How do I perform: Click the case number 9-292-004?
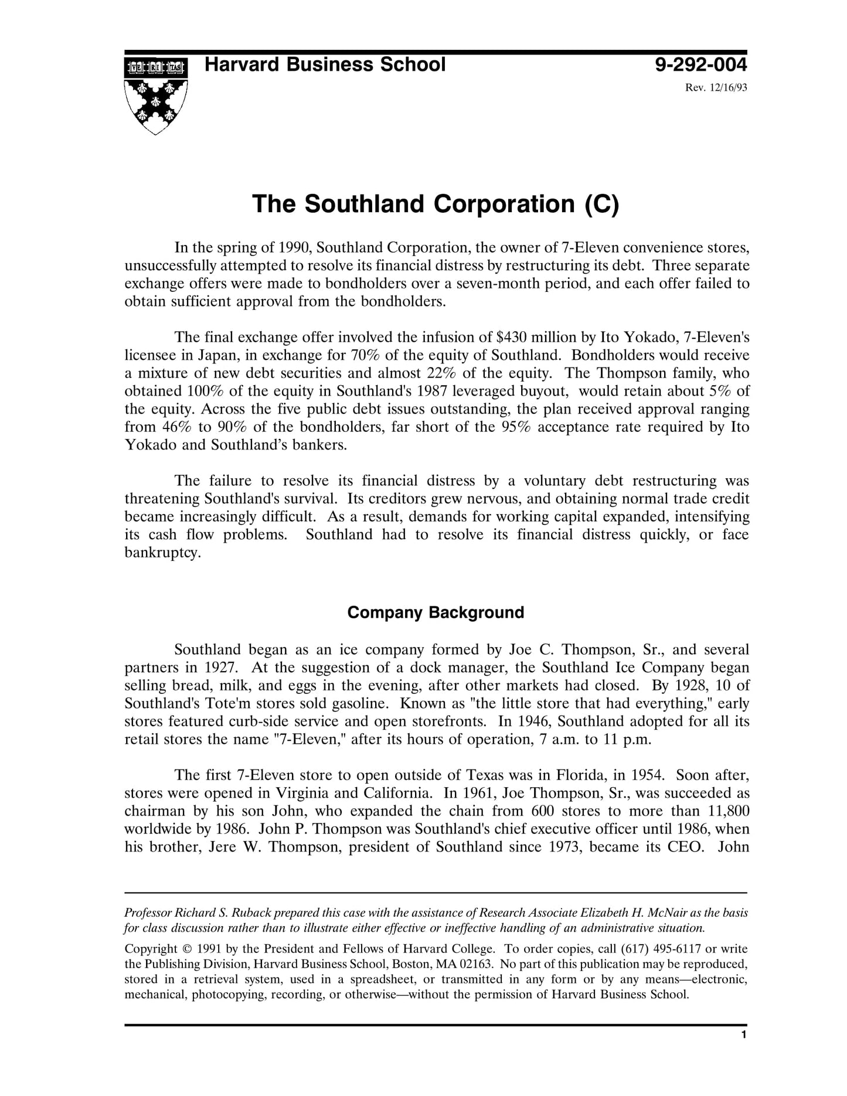click(701, 64)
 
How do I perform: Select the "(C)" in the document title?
click(601, 204)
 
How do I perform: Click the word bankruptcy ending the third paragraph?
click(162, 553)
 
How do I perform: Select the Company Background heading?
click(436, 612)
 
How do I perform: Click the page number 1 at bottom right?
click(743, 1035)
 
